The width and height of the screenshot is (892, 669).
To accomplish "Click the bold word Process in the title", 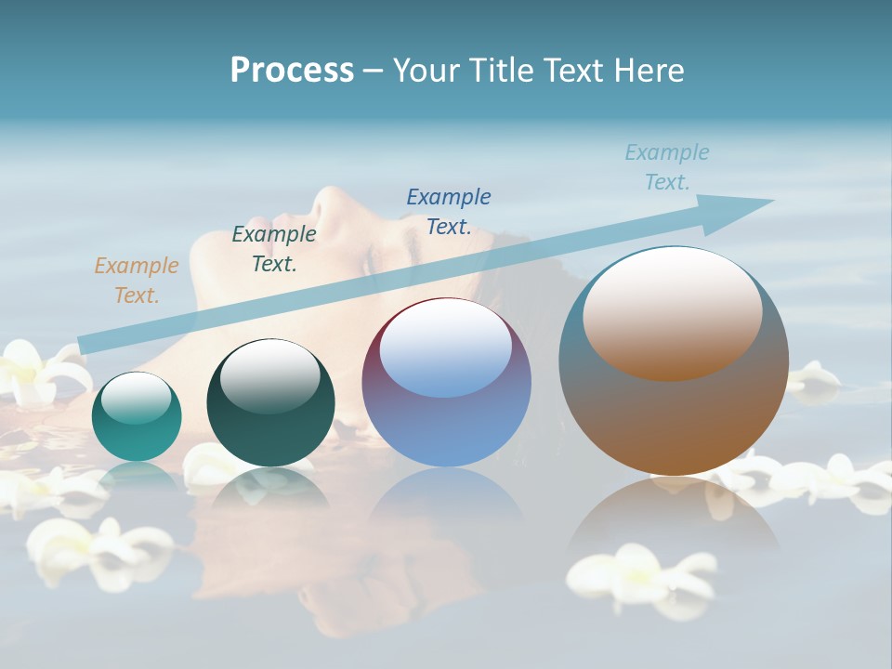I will point(292,71).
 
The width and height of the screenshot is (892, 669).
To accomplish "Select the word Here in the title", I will point(649,71).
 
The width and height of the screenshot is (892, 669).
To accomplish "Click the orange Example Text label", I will point(137,281).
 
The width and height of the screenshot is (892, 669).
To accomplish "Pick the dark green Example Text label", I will point(274,249).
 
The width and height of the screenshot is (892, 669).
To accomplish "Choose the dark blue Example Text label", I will point(449,211).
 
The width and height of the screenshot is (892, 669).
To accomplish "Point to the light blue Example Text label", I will point(667,167).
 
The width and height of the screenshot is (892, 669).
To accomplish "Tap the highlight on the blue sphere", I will point(446,346).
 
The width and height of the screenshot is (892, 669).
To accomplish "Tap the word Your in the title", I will point(428,71).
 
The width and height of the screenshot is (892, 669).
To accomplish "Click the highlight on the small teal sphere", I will point(137,398).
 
